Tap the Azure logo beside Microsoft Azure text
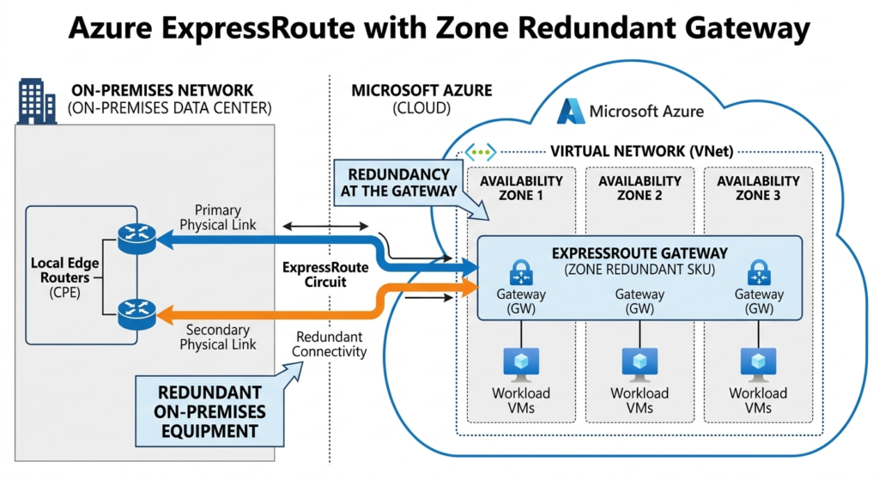coord(572,111)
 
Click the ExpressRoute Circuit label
coord(324,274)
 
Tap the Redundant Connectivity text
coord(330,343)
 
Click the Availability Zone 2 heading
coord(640,187)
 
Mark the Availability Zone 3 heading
coord(758,187)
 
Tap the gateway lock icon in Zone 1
coord(521,274)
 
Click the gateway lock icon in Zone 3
coord(758,274)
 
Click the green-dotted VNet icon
coord(481,152)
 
